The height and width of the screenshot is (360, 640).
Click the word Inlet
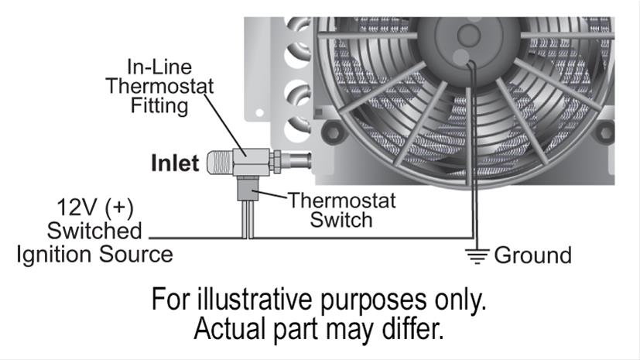(175, 163)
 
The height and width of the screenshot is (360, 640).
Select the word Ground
(532, 255)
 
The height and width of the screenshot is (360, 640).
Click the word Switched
(94, 231)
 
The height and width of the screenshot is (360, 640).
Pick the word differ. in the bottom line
(416, 329)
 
